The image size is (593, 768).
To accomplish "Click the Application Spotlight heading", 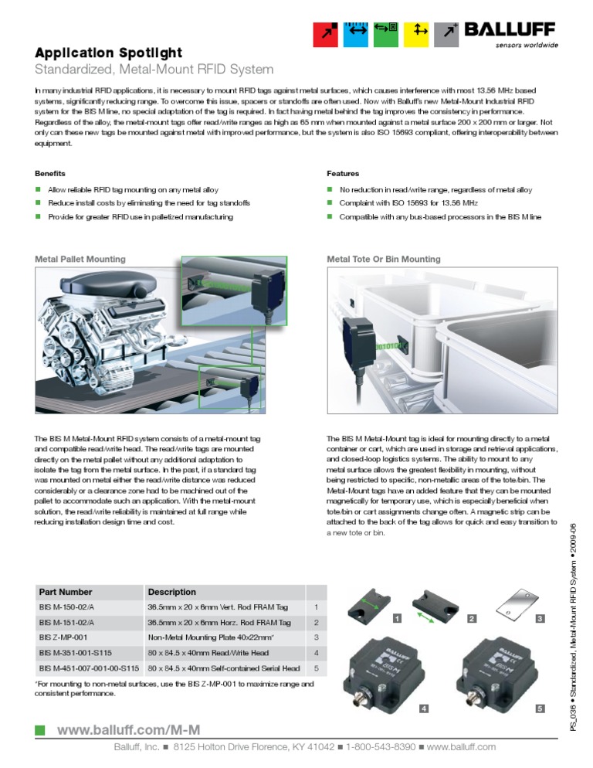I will click(109, 53).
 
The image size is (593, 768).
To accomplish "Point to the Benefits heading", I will click(50, 173).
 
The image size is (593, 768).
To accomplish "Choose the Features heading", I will click(343, 173).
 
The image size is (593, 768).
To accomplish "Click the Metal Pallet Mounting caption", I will click(80, 259).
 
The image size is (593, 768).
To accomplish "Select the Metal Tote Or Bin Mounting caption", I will click(384, 259).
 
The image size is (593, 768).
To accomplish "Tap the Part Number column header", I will click(66, 592).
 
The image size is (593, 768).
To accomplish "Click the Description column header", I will click(171, 592).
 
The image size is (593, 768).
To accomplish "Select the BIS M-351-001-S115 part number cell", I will click(75, 653).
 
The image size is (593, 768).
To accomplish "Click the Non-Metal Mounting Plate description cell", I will click(212, 637).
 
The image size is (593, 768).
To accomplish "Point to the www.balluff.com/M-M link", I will click(129, 729).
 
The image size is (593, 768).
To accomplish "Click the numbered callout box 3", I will click(540, 619).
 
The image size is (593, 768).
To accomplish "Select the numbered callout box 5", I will click(540, 708).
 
